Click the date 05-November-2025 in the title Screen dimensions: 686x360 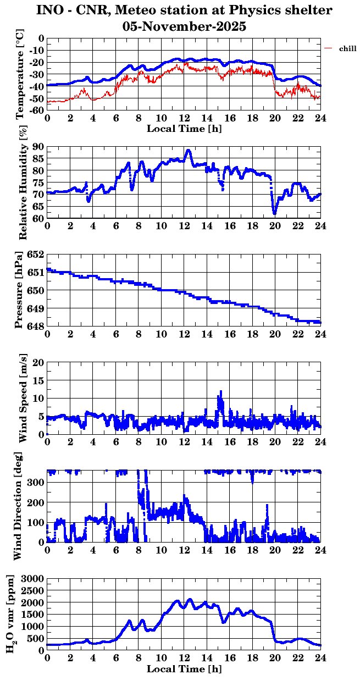pos(184,25)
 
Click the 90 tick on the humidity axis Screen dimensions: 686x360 pos(38,147)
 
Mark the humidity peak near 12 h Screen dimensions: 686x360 pos(189,150)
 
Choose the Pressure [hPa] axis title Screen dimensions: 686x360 pos(20,290)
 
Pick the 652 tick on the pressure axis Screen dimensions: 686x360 pos(36,255)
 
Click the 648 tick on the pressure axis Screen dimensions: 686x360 pos(36,327)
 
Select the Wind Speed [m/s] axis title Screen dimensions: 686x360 pos(23,399)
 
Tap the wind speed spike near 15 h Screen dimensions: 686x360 pos(221,392)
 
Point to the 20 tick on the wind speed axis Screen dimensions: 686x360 pos(38,363)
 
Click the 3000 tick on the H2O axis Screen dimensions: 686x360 pos(33,579)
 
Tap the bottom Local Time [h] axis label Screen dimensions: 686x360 pos(184,669)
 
